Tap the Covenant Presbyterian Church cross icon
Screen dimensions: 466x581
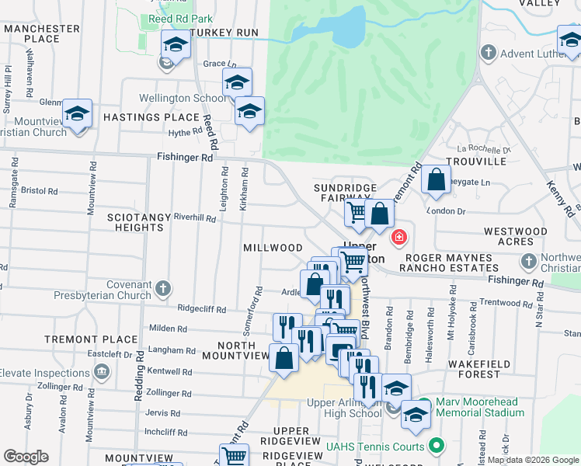pos(162,289)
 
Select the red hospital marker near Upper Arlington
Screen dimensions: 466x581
pos(399,237)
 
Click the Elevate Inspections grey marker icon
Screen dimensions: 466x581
pos(101,373)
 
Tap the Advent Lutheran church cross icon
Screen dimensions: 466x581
pos(488,54)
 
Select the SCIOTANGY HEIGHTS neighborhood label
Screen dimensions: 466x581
pos(137,222)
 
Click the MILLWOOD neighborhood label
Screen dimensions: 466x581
pos(273,248)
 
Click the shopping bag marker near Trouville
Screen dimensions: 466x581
pos(437,180)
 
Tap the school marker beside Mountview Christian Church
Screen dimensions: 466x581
pos(78,113)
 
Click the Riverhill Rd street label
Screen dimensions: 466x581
pos(194,218)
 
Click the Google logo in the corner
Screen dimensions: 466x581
pos(26,457)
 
